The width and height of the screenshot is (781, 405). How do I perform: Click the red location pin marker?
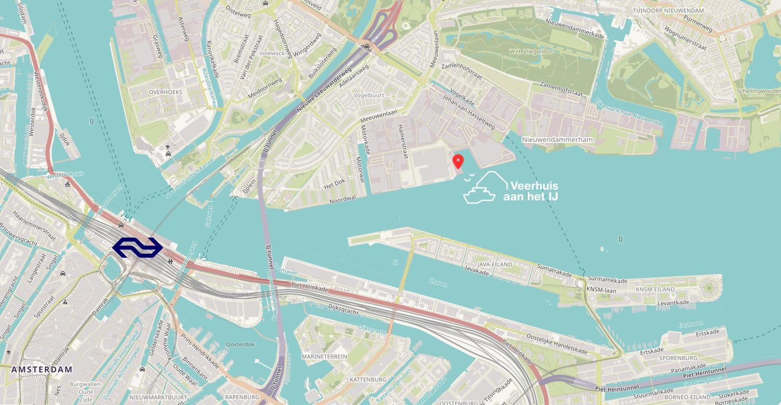(x=458, y=161)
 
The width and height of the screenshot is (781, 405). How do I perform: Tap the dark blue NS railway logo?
(x=138, y=247)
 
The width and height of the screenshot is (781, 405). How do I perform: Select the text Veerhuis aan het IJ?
(x=531, y=191)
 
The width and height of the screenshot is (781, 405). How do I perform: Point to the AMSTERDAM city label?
(x=42, y=369)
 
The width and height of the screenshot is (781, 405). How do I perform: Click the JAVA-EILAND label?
(x=495, y=265)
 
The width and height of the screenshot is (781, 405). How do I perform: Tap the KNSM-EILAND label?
(x=655, y=290)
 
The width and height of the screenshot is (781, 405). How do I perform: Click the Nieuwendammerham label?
(x=558, y=140)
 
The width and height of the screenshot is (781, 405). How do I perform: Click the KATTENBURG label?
(x=368, y=380)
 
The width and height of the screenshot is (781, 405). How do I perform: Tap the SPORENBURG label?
(x=678, y=358)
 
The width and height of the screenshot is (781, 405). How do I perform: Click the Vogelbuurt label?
(x=368, y=96)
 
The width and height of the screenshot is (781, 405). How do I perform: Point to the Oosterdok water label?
(x=240, y=344)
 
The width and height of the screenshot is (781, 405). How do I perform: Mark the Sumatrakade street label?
(x=554, y=270)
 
